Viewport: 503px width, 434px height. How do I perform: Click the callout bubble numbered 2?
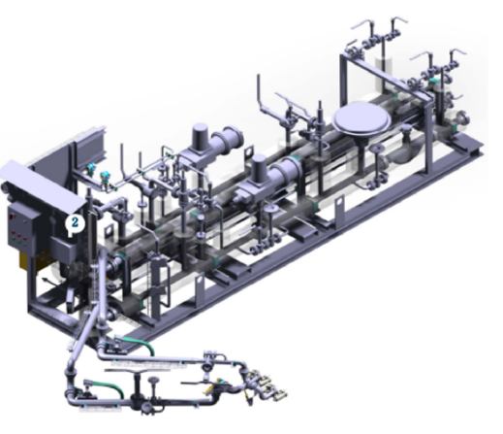75,223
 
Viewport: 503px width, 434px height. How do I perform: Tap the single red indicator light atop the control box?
11,216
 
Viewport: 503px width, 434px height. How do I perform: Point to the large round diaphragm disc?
362,119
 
